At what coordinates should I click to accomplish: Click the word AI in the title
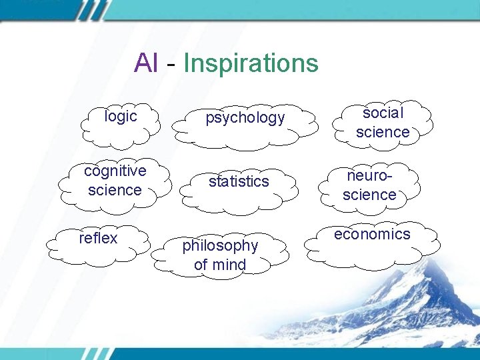[146, 63]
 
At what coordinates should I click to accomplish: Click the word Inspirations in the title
[251, 64]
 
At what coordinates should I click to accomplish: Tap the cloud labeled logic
[121, 123]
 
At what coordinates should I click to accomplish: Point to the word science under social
[383, 132]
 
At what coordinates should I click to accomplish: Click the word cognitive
[115, 171]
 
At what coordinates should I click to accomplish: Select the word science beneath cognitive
[115, 190]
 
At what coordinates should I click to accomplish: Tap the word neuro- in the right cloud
[369, 176]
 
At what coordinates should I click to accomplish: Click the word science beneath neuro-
[369, 195]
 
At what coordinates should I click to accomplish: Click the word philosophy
[220, 245]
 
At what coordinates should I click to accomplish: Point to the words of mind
[220, 265]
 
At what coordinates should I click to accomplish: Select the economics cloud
[372, 243]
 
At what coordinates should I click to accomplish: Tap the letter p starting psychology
[209, 119]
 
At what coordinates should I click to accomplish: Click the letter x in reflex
[113, 238]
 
